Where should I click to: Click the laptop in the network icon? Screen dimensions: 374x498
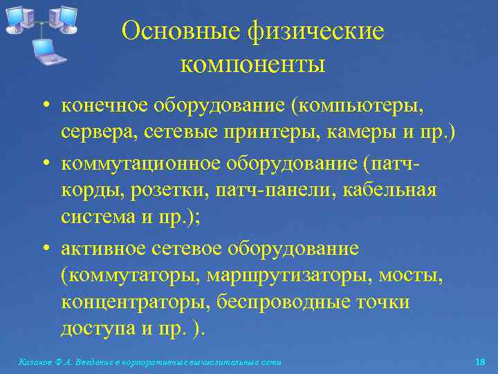(46, 51)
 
